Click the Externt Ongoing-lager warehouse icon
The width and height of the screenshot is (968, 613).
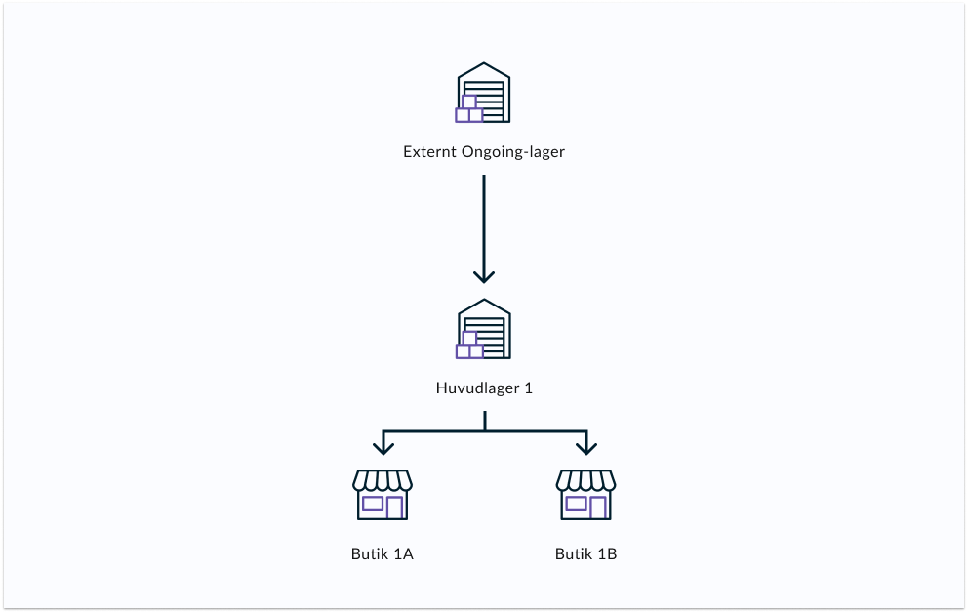click(x=484, y=95)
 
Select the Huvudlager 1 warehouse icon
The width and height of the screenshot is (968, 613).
click(x=484, y=330)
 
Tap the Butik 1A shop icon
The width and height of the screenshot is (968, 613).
click(x=382, y=495)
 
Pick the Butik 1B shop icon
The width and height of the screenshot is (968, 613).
click(x=585, y=495)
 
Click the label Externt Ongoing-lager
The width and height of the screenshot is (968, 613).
click(x=484, y=153)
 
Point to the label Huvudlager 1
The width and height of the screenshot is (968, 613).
click(x=484, y=388)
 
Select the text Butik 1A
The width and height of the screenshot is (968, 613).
click(x=383, y=554)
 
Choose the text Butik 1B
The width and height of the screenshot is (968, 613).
click(x=585, y=554)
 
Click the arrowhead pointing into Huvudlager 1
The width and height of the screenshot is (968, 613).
click(x=484, y=276)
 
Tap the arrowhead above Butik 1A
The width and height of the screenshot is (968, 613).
click(x=383, y=447)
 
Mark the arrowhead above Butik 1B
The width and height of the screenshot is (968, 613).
click(x=585, y=447)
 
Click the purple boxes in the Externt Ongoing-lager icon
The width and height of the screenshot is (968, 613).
click(x=468, y=110)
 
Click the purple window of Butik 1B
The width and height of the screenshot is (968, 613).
click(x=576, y=504)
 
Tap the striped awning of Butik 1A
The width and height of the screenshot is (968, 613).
click(x=382, y=480)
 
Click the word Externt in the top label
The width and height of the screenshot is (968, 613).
click(x=426, y=153)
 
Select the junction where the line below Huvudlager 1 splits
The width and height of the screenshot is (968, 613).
click(x=484, y=430)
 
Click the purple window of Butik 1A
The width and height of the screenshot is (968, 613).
click(x=372, y=504)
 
